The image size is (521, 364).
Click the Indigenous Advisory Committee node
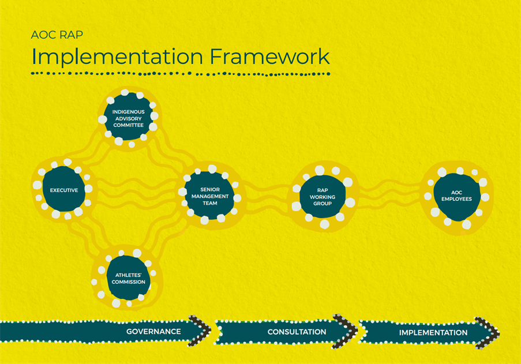(128, 118)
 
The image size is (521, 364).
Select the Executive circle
(63, 190)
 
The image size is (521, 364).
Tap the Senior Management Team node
(209, 196)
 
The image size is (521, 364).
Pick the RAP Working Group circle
(323, 196)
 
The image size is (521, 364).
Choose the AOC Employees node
(456, 196)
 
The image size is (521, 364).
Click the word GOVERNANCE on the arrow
(153, 332)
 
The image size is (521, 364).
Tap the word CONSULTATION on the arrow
(297, 332)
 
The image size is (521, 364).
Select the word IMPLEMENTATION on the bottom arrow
(433, 332)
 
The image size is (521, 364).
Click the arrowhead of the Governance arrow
(200, 331)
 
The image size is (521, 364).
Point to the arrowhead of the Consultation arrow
(346, 331)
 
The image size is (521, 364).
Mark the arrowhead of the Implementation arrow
(488, 332)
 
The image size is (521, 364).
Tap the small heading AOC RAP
(57, 35)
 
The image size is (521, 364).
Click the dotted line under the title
(180, 74)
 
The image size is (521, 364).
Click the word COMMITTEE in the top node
(128, 125)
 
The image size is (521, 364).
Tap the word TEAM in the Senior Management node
(209, 203)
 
